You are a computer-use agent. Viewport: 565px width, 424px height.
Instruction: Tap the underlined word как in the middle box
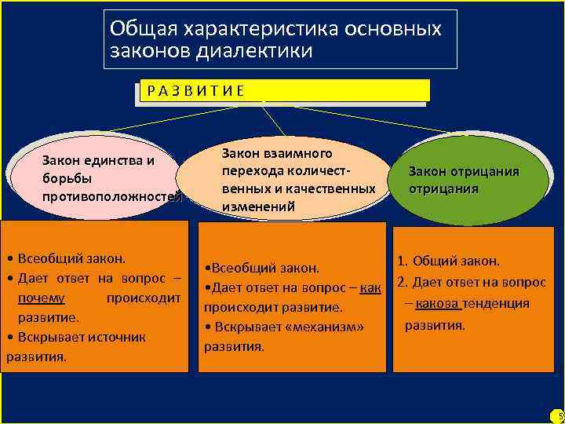(371, 288)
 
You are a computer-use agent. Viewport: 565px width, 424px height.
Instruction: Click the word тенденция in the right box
(497, 304)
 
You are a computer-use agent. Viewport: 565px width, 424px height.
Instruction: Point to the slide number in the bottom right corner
(560, 415)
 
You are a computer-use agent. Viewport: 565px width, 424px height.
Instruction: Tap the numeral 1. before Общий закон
(402, 261)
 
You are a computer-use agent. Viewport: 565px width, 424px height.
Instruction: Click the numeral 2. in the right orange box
(401, 283)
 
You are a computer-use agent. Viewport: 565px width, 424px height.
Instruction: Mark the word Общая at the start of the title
(132, 28)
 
